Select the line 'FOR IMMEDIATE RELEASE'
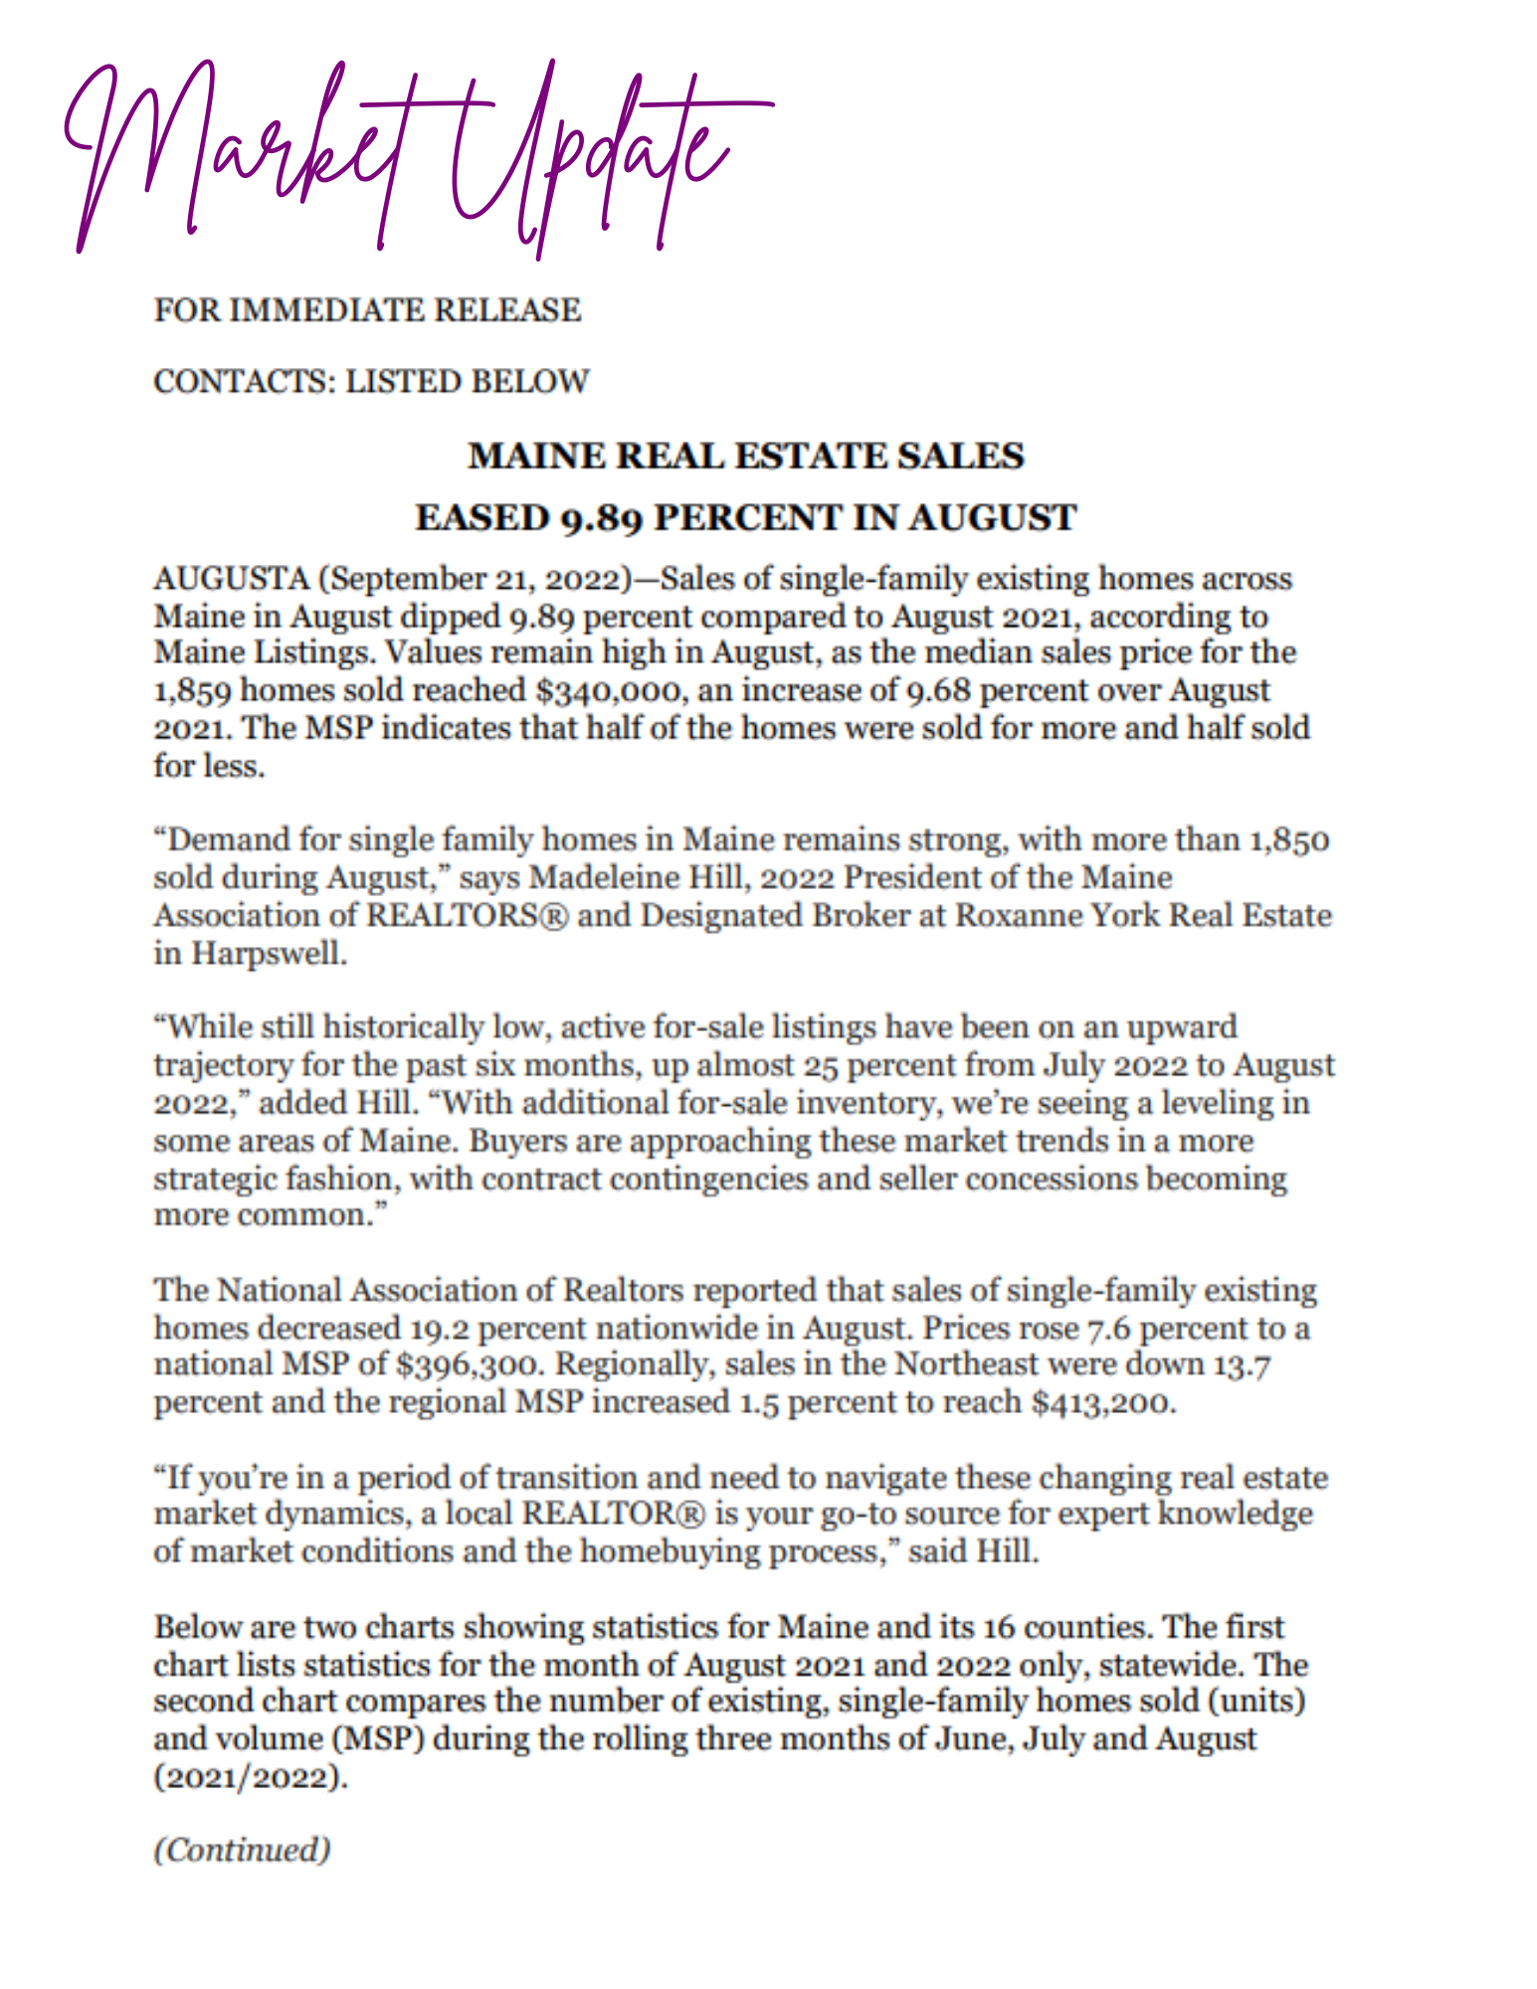point(367,310)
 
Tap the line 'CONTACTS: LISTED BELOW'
point(371,382)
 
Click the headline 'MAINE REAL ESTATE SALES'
point(746,456)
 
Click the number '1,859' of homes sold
point(190,691)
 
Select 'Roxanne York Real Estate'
point(1143,916)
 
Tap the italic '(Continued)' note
point(242,1851)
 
